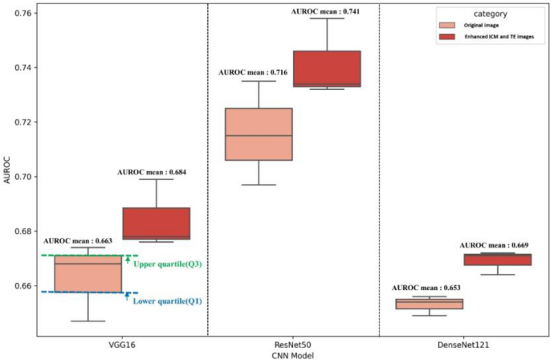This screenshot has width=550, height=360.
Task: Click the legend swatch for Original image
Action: [449, 26]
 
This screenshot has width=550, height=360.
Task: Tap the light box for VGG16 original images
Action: [88, 274]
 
